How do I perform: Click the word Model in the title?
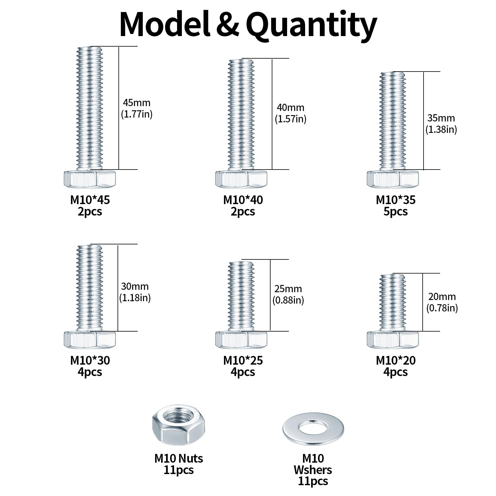pyautogui.click(x=164, y=24)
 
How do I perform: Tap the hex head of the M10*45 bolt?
pyautogui.click(x=90, y=179)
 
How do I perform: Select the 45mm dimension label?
pyautogui.click(x=136, y=103)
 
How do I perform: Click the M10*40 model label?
pyautogui.click(x=243, y=200)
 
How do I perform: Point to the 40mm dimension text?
pyautogui.click(x=290, y=108)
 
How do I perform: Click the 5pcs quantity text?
pyautogui.click(x=396, y=212)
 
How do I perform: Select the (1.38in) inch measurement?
pyautogui.click(x=441, y=130)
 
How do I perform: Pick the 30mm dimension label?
pyautogui.click(x=135, y=286)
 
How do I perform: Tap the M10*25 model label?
pyautogui.click(x=243, y=360)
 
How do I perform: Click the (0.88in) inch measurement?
pyautogui.click(x=288, y=300)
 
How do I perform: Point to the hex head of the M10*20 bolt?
pyautogui.click(x=393, y=339)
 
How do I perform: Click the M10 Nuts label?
pyautogui.click(x=179, y=458)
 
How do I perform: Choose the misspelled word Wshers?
pyautogui.click(x=313, y=470)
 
